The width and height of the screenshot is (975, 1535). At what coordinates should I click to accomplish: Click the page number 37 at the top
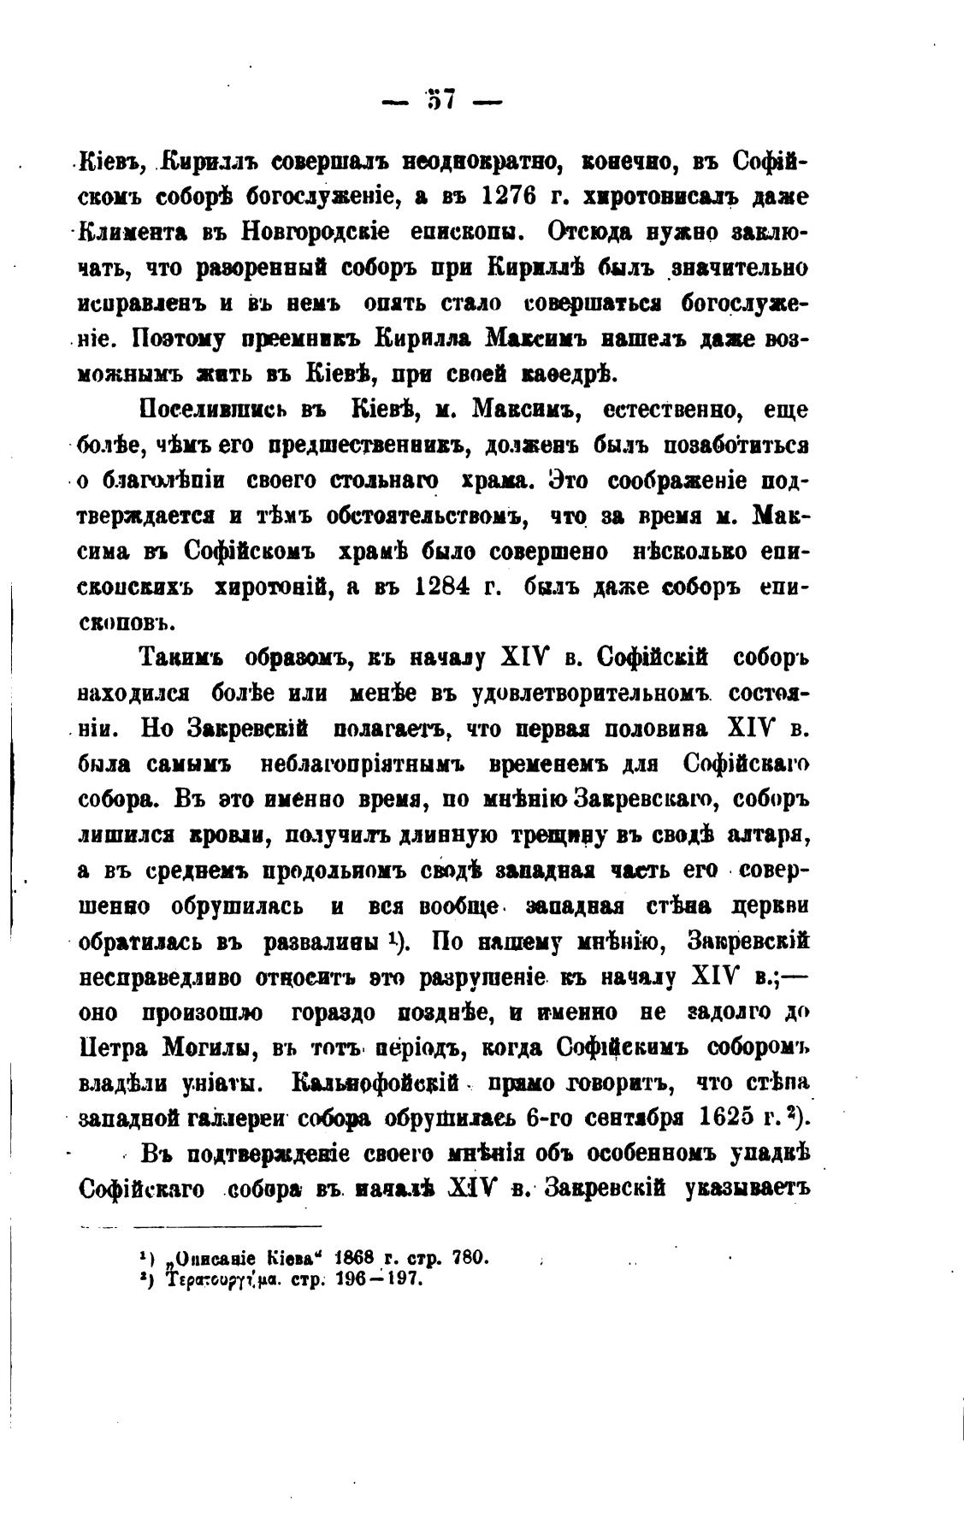click(441, 101)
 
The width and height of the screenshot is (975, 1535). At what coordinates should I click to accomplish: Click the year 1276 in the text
click(508, 196)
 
